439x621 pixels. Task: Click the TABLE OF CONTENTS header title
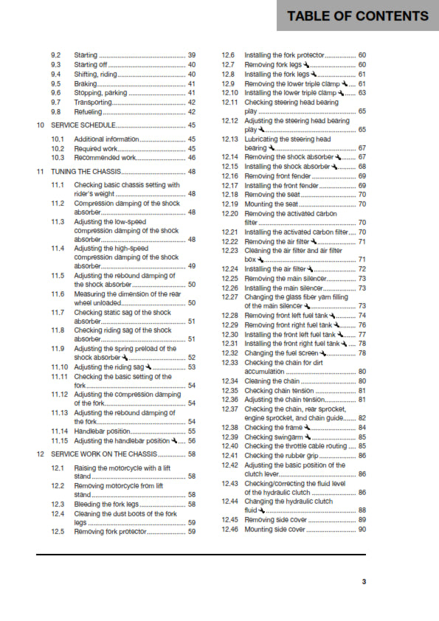(x=357, y=16)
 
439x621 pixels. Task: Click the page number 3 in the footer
(x=363, y=581)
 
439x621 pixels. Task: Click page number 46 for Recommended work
(x=192, y=158)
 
